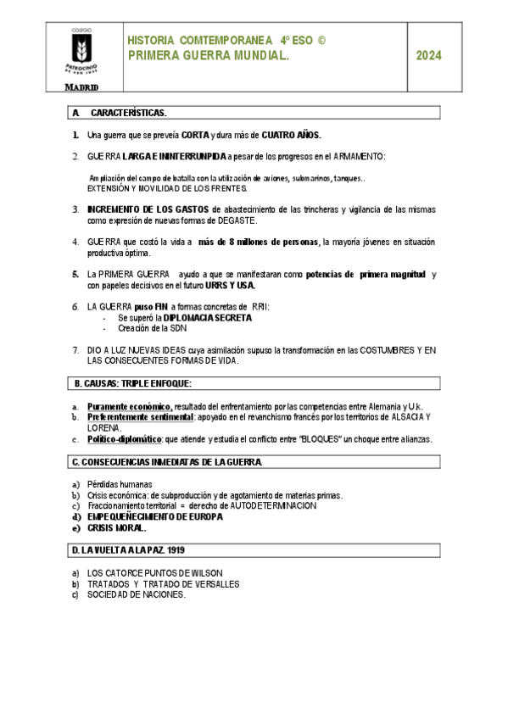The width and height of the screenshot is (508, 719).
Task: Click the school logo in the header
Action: (82, 52)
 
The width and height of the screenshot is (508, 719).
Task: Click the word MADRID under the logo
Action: (82, 86)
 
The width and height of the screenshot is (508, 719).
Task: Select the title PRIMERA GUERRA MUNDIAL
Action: (209, 56)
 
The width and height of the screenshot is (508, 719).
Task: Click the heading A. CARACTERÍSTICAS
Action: (120, 113)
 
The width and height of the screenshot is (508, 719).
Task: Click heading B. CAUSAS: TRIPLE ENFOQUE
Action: (133, 383)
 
